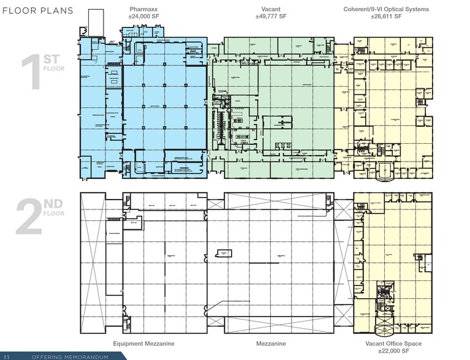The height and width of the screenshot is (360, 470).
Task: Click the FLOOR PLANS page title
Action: (38, 10)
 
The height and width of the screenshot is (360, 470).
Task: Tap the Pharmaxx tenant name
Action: (145, 9)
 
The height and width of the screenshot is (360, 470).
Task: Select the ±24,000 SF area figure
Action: (145, 17)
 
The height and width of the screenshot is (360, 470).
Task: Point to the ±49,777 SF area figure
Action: (270, 17)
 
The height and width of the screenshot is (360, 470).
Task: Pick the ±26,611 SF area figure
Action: (386, 17)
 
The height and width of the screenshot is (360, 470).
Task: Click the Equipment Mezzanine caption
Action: (145, 344)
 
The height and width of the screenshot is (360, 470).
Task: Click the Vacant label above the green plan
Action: (270, 9)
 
